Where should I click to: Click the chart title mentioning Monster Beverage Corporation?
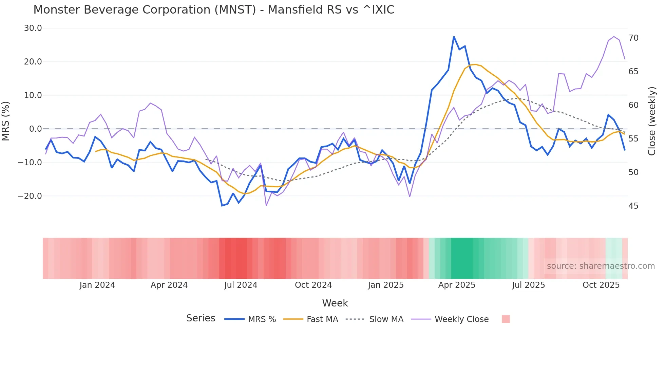[214, 10]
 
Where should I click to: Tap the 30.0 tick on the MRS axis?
[33, 28]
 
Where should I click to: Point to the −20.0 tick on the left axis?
[30, 196]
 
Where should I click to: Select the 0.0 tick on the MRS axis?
[35, 129]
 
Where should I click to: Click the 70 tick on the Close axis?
[633, 38]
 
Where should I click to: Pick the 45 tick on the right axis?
[633, 206]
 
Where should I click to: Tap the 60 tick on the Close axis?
[633, 105]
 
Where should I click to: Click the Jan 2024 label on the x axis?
[97, 285]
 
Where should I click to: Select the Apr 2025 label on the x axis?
[457, 285]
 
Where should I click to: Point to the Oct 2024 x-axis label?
[313, 285]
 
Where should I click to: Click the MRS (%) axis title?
[6, 121]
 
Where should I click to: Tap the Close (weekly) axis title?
[652, 121]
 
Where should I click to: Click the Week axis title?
[335, 303]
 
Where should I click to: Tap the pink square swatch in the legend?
[506, 319]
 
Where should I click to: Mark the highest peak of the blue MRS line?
[454, 37]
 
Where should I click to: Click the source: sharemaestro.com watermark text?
[601, 266]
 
